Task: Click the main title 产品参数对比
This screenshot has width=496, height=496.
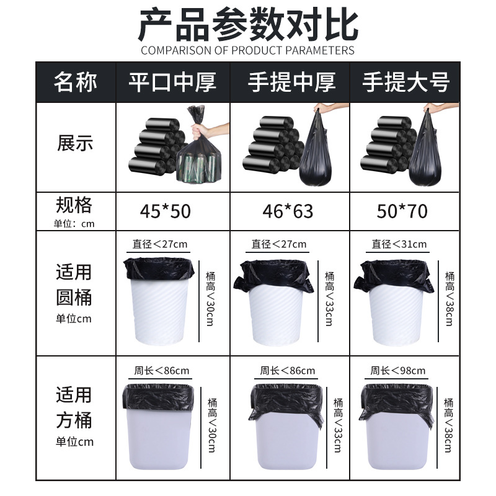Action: coord(248,25)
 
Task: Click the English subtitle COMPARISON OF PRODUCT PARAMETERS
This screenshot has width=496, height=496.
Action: coord(248,50)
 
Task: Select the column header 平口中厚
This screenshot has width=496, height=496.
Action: coord(173,82)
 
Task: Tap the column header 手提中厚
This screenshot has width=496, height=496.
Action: coord(292,82)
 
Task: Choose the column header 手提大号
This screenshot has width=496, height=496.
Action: coord(406,82)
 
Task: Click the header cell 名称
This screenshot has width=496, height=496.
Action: coord(76,82)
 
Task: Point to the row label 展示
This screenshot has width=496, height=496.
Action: coord(75,144)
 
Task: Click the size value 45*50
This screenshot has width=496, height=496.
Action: coord(165,211)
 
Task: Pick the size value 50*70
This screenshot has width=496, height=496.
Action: coord(402,211)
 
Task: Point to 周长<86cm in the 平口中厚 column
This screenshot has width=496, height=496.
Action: coord(162,371)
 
